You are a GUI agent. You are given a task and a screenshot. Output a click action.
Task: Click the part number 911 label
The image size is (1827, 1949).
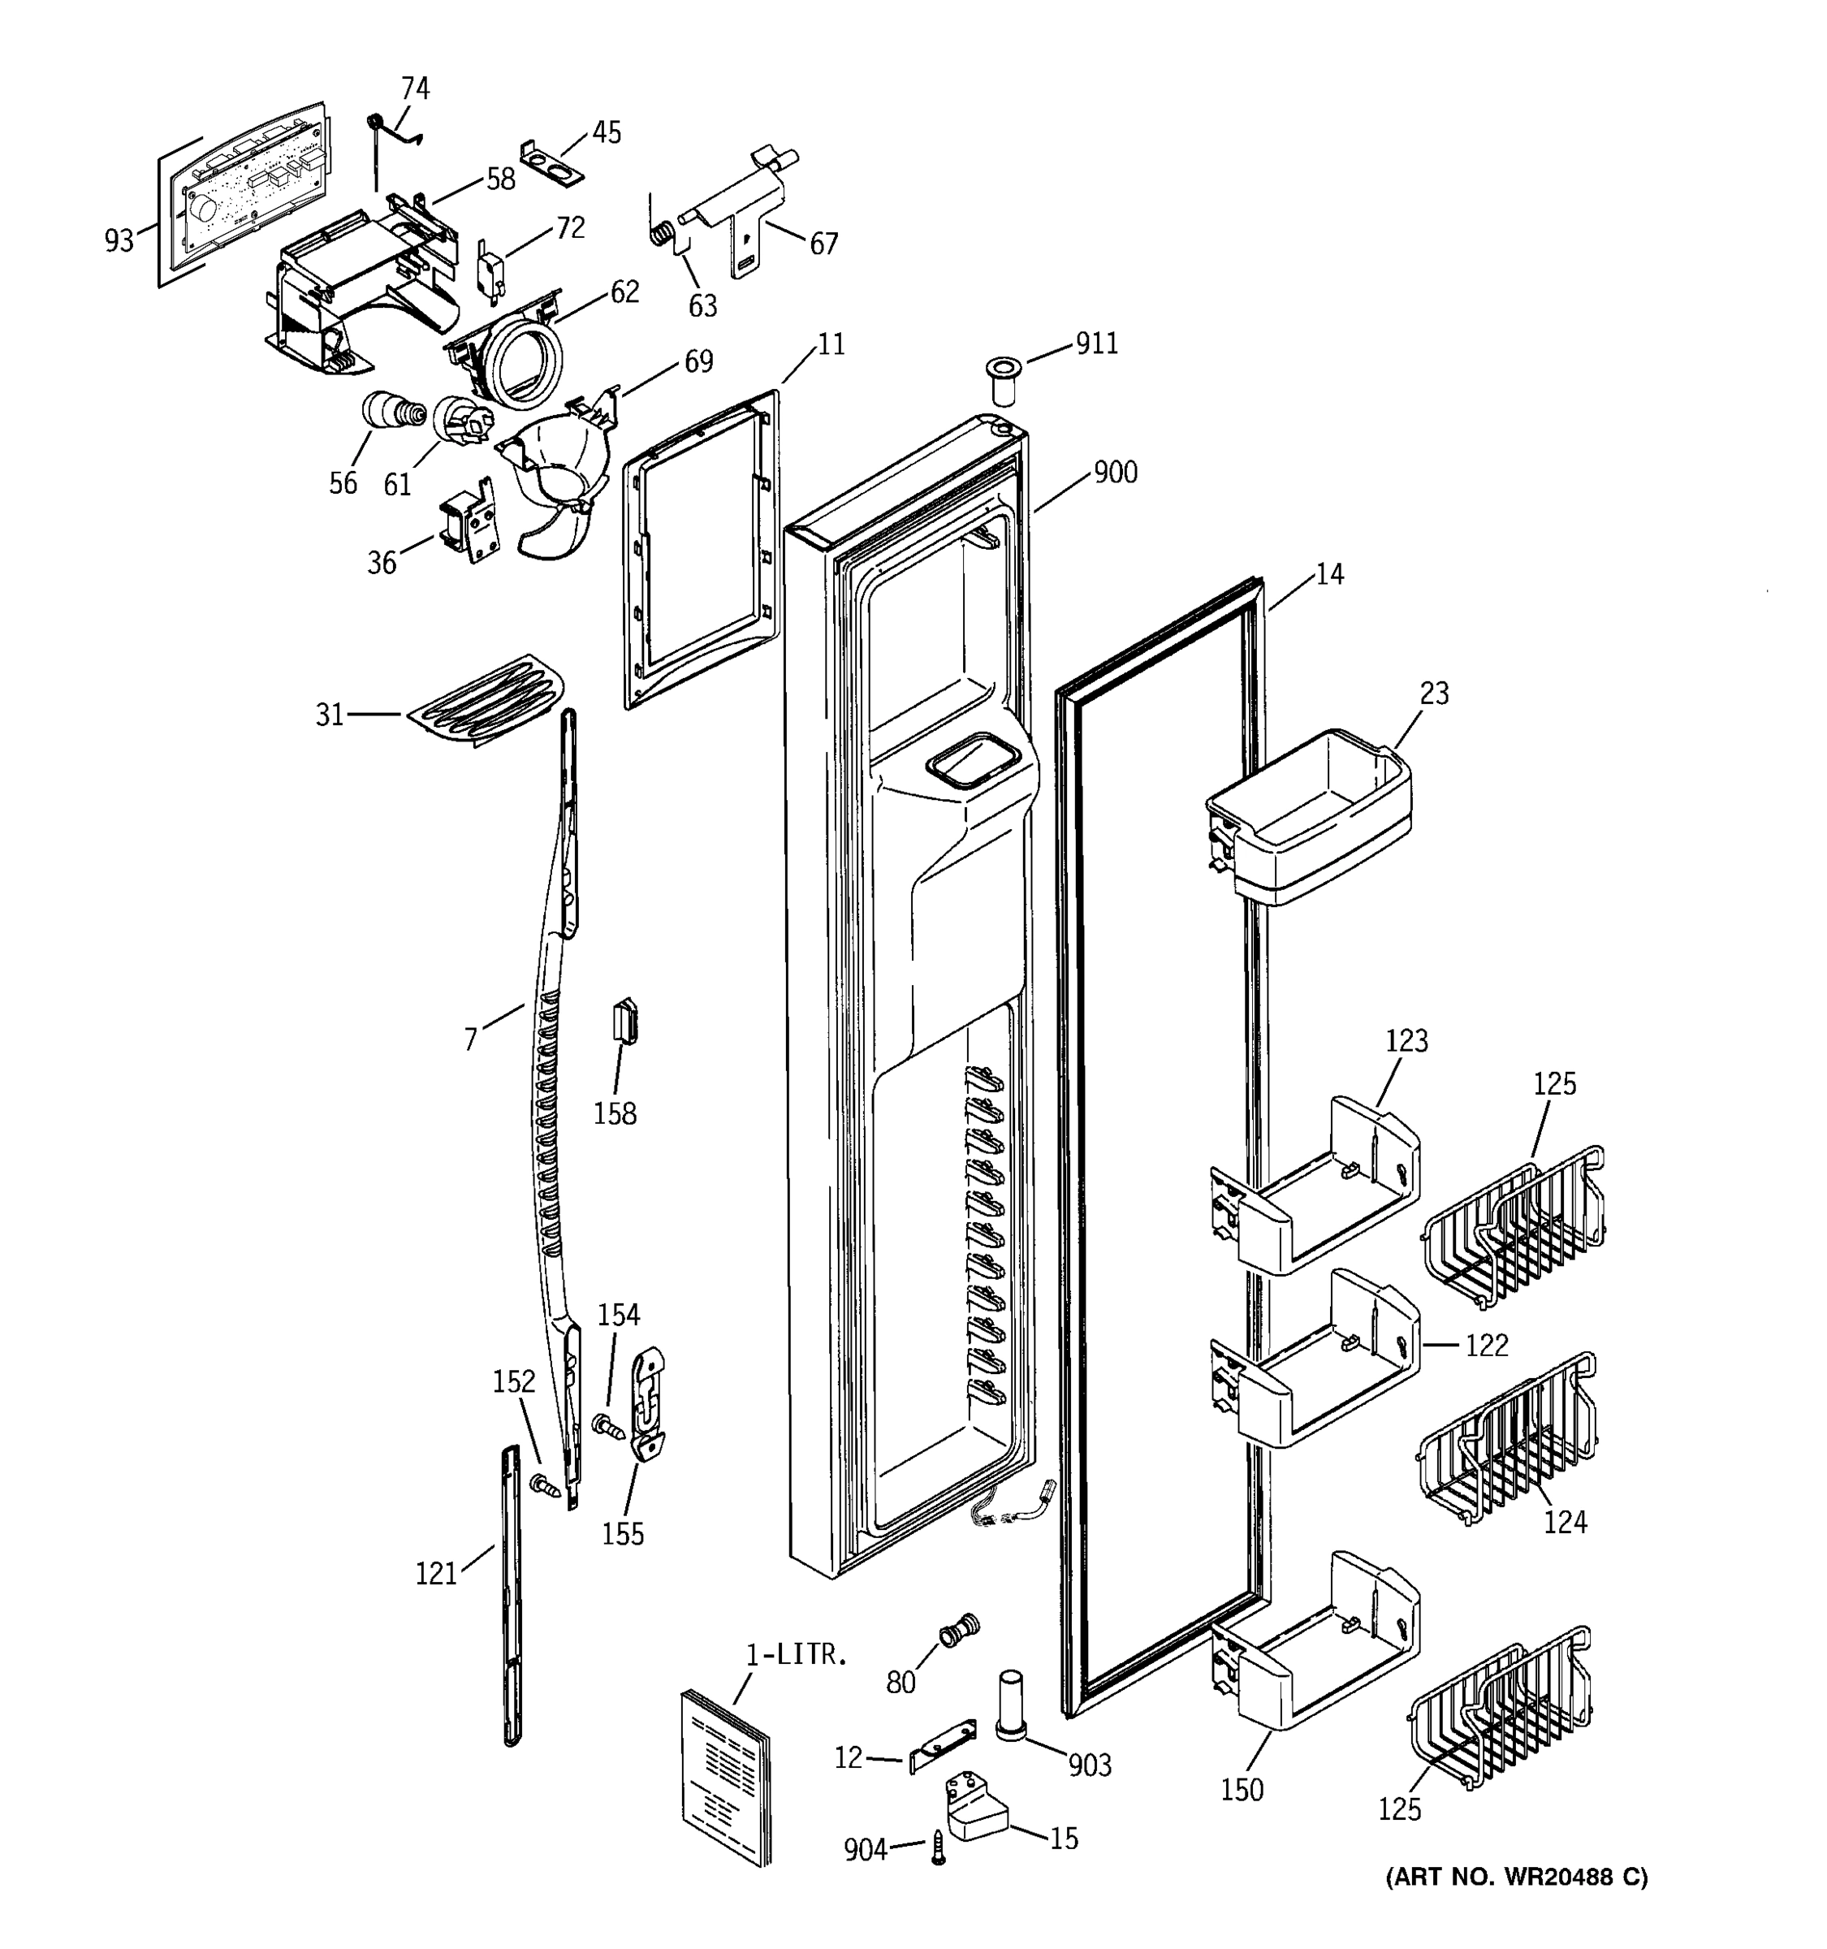1096,344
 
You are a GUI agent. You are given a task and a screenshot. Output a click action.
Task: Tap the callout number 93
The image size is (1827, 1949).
119,240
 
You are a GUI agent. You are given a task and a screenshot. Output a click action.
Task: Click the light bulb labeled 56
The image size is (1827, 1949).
388,411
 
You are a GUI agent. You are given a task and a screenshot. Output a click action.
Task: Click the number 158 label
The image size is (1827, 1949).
615,1113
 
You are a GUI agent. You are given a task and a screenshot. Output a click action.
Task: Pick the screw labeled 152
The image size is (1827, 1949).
544,1486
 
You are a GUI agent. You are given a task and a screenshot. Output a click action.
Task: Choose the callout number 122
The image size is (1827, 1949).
1486,1345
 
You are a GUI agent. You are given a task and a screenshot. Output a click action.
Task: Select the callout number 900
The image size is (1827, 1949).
1116,473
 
